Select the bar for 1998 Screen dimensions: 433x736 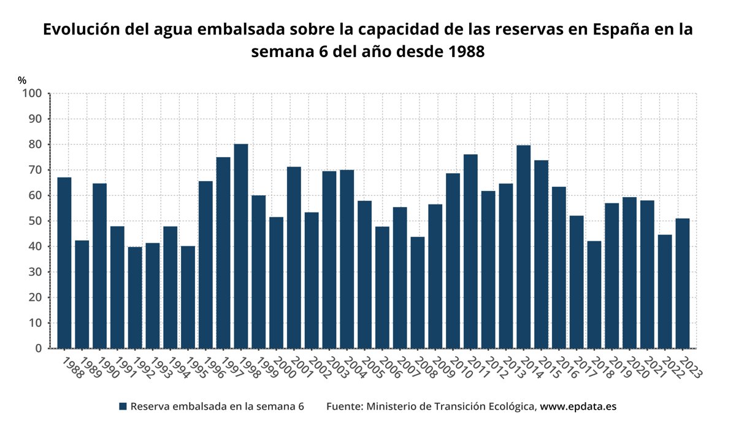click(x=241, y=246)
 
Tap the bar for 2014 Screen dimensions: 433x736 click(x=523, y=246)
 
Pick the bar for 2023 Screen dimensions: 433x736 click(x=683, y=283)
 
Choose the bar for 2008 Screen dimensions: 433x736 click(x=418, y=292)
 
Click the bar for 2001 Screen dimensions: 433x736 click(x=294, y=257)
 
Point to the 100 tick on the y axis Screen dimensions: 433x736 click(x=32, y=93)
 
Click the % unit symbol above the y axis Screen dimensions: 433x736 click(x=22, y=80)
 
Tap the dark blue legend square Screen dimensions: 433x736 click(x=123, y=407)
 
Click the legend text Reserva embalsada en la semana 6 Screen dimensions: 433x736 click(x=217, y=407)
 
